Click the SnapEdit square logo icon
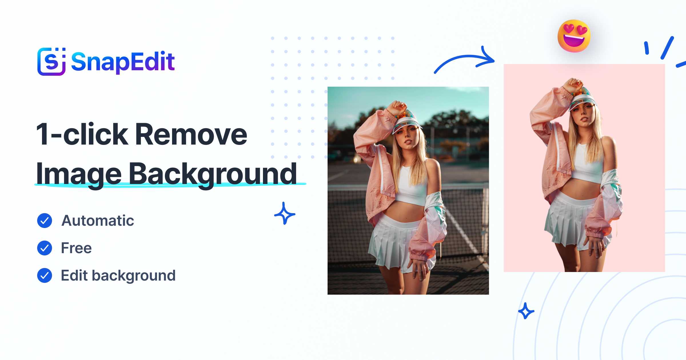pos(51,61)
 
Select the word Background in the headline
pos(213,174)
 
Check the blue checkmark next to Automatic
pos(45,221)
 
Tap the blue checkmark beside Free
pos(45,248)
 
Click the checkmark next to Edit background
pos(45,275)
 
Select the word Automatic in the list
pos(98,221)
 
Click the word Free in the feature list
pos(76,248)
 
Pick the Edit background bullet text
pos(118,276)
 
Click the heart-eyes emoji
pos(574,36)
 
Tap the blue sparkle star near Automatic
pos(285,213)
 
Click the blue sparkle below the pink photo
pos(526,311)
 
